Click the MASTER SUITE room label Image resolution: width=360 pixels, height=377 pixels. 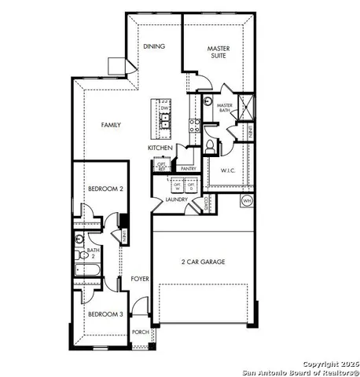(x=218, y=53)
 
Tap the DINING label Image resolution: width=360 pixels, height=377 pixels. (x=154, y=46)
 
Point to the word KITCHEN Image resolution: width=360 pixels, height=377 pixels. (x=160, y=148)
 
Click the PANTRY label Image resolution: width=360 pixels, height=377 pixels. (x=187, y=168)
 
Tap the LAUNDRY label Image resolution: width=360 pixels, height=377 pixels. (x=177, y=199)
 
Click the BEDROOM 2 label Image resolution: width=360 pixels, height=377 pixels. (x=105, y=189)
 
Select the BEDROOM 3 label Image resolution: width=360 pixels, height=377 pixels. (x=105, y=314)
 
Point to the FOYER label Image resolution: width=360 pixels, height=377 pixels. (x=140, y=278)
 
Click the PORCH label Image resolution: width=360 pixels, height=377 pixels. (x=141, y=332)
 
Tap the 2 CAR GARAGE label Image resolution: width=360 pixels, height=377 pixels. (x=204, y=262)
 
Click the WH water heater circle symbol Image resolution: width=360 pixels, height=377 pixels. (x=247, y=200)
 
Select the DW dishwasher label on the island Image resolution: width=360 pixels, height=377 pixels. (x=164, y=108)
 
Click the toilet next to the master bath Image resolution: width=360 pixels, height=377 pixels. (x=209, y=145)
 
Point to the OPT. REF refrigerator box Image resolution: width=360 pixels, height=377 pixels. (x=162, y=166)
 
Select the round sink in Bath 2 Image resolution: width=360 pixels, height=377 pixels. (x=79, y=239)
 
